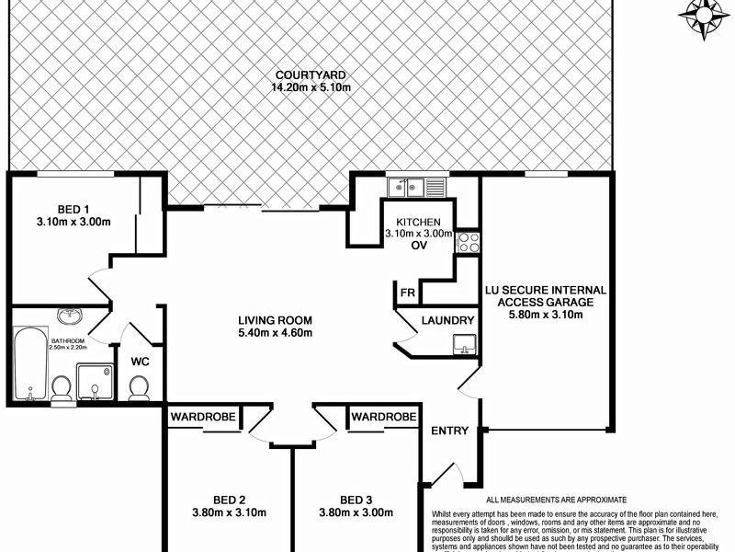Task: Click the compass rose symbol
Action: point(703,16)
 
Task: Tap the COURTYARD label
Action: point(311,75)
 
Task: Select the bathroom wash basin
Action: point(67,317)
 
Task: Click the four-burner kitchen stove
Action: point(468,243)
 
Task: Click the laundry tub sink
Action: point(463,344)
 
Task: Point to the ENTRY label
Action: point(449,431)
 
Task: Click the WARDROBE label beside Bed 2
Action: point(204,418)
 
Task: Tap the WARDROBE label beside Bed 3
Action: point(383,418)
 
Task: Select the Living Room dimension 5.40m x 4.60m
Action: point(275,334)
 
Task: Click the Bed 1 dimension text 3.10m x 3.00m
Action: point(73,222)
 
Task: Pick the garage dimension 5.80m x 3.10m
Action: point(546,316)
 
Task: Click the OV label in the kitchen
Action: point(420,247)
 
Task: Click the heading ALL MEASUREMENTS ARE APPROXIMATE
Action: point(562,498)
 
